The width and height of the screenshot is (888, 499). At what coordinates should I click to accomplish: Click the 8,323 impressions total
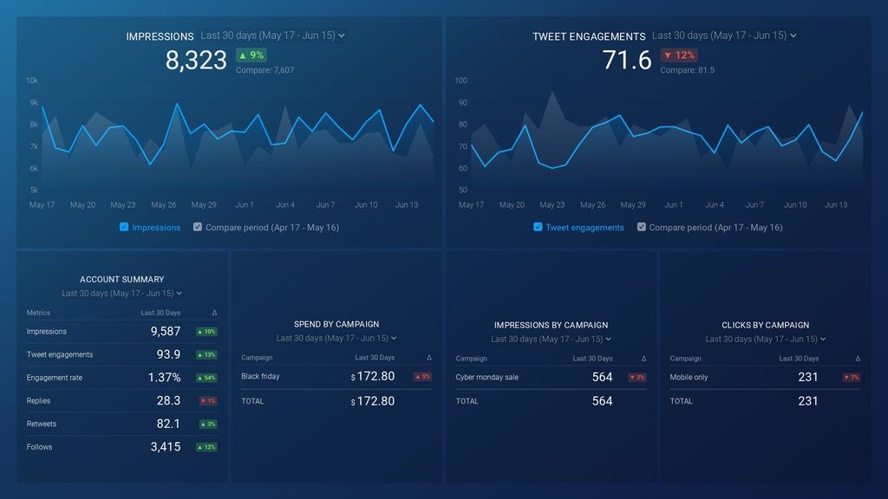[x=196, y=60]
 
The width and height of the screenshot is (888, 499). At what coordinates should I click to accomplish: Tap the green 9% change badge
[x=251, y=55]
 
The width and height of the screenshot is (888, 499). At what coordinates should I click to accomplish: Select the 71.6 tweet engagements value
[x=627, y=60]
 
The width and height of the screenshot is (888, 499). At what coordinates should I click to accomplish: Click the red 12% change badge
[x=679, y=55]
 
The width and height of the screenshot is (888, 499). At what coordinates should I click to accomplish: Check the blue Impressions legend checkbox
[x=124, y=227]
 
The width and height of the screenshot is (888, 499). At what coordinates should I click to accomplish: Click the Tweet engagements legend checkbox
[x=538, y=227]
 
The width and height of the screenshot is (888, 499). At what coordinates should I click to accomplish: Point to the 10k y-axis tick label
[x=32, y=81]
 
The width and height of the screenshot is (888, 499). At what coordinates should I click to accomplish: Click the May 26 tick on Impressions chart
[x=164, y=205]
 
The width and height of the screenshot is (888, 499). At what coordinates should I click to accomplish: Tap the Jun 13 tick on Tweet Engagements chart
[x=836, y=205]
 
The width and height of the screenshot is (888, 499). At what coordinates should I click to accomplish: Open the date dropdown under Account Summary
[x=121, y=294]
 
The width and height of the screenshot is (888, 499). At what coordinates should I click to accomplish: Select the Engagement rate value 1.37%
[x=164, y=378]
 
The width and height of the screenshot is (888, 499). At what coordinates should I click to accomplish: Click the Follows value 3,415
[x=165, y=447]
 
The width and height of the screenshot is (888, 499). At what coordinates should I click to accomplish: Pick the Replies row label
[x=39, y=401]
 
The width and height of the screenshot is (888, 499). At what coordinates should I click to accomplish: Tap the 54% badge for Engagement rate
[x=207, y=378]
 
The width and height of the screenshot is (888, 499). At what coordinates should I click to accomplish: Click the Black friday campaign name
[x=260, y=377]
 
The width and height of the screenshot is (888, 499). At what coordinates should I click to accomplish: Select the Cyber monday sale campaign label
[x=486, y=378]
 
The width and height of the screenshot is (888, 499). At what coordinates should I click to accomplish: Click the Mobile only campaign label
[x=689, y=378]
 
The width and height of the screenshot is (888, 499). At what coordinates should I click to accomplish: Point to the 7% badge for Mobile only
[x=851, y=378]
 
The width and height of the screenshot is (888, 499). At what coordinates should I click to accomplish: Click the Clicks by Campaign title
[x=764, y=325]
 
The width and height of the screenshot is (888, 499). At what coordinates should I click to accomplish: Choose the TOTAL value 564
[x=602, y=401]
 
